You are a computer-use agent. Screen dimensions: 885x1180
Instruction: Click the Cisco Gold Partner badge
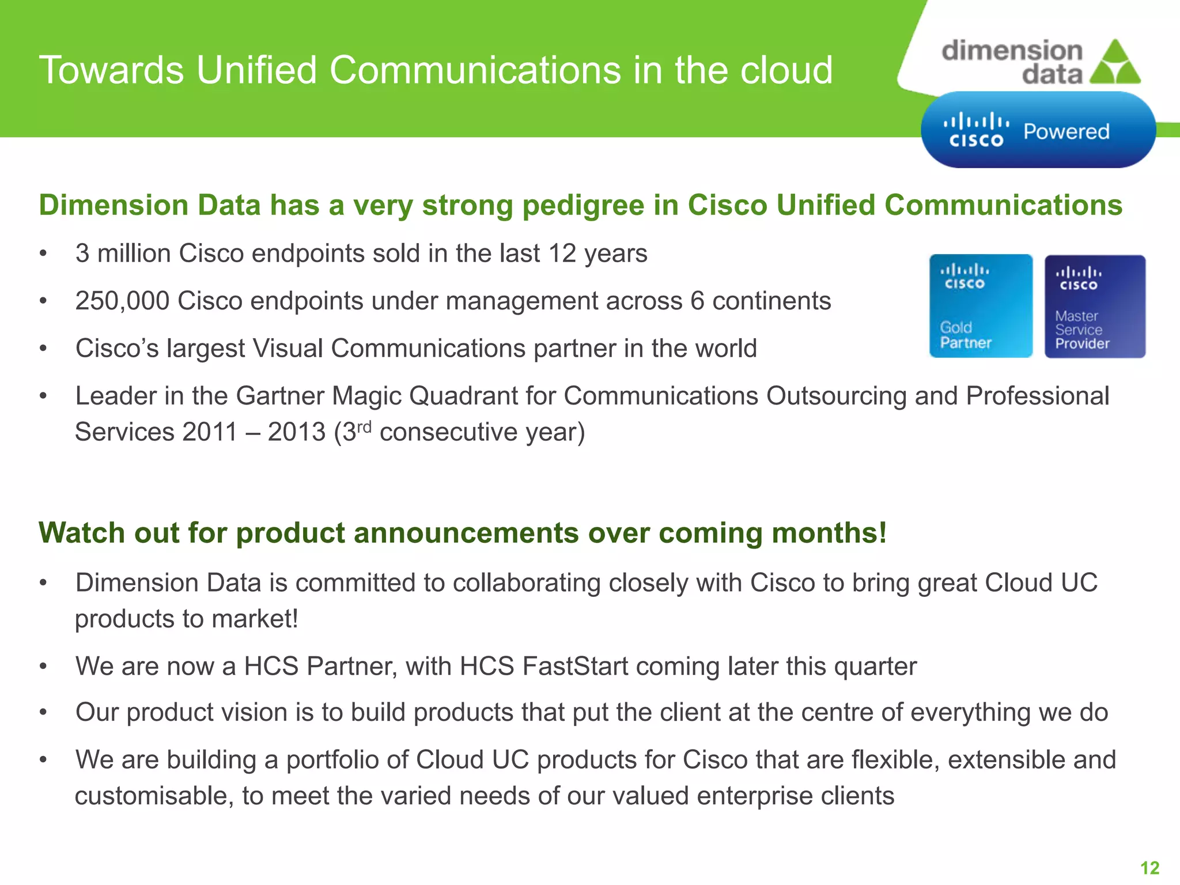point(980,306)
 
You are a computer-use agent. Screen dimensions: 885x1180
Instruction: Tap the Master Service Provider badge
point(1095,307)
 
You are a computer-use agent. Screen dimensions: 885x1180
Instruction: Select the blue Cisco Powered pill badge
point(1038,130)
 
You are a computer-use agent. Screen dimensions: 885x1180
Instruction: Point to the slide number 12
point(1149,868)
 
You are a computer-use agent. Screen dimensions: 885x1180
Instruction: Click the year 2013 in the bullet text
point(297,432)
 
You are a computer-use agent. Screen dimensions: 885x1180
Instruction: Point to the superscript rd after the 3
point(364,427)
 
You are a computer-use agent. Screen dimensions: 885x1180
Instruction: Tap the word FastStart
point(575,666)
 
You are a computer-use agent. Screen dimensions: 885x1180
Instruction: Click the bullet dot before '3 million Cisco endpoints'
point(43,254)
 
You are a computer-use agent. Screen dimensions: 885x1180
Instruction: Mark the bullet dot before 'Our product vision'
point(43,713)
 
